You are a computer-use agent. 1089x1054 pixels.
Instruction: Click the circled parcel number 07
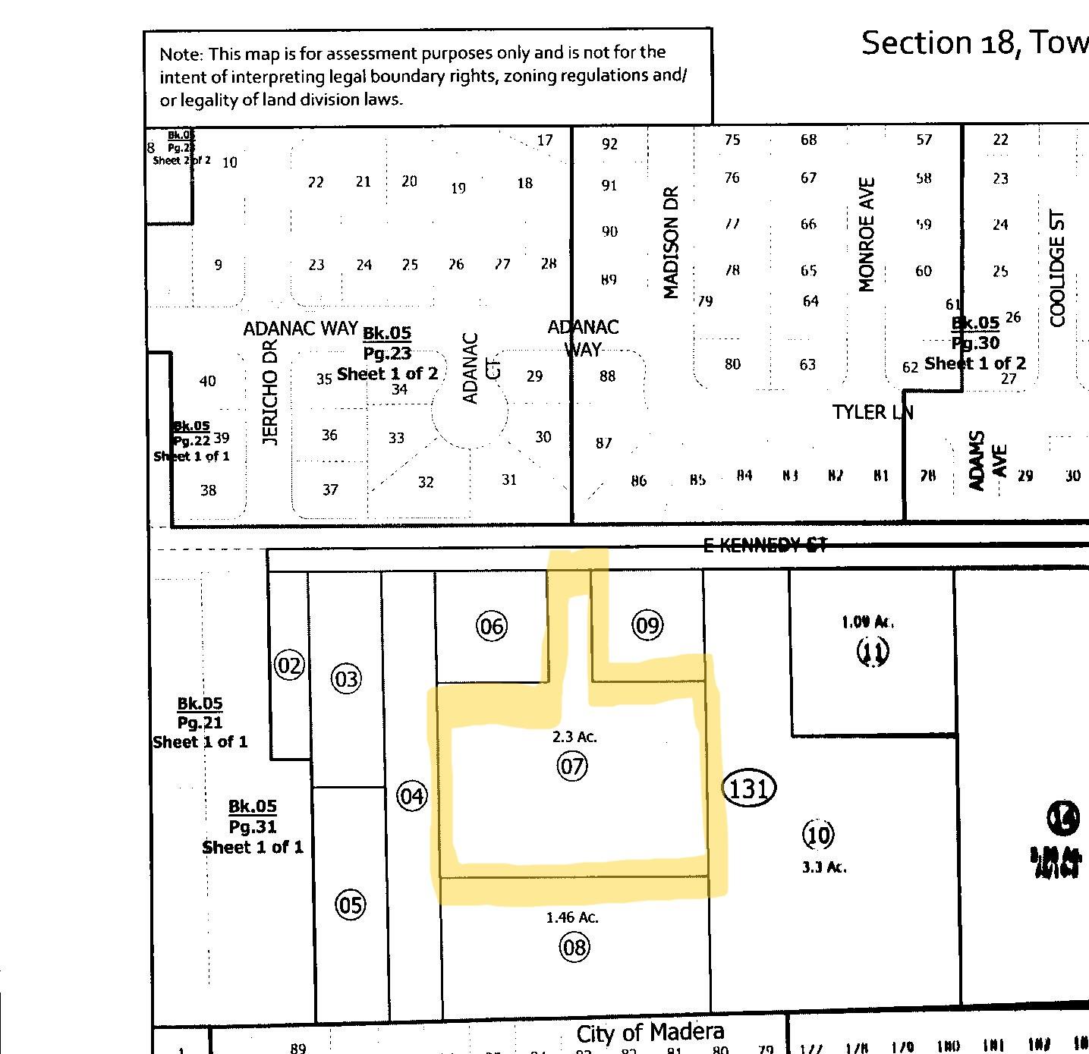pos(572,766)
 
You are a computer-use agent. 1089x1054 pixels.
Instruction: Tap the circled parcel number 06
pos(491,626)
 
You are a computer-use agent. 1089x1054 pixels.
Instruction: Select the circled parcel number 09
pos(647,625)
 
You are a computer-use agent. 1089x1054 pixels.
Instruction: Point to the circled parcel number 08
pos(574,947)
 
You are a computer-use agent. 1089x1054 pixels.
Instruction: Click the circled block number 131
pos(749,788)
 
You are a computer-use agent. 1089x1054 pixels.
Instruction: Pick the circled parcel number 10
pos(818,835)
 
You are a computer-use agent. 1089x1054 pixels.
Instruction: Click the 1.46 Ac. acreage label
pos(572,917)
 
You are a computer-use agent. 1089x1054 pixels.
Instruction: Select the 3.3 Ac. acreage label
pos(824,867)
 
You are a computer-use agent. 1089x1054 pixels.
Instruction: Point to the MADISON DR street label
pos(670,242)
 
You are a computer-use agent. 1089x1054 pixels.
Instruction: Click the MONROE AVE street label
pos(867,234)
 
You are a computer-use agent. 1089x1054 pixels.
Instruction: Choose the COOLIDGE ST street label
pos(1058,269)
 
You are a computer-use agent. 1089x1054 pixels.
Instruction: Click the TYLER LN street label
pos(872,412)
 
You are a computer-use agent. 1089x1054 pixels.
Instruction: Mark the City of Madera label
pos(650,1032)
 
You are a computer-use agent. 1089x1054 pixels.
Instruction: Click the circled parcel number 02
pos(289,666)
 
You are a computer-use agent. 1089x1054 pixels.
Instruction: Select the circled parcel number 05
pos(350,905)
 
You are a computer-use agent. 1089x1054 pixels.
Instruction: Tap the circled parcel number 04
pos(412,796)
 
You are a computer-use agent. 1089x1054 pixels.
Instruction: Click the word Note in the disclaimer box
pos(181,55)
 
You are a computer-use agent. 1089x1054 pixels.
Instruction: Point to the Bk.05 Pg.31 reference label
pos(253,826)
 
